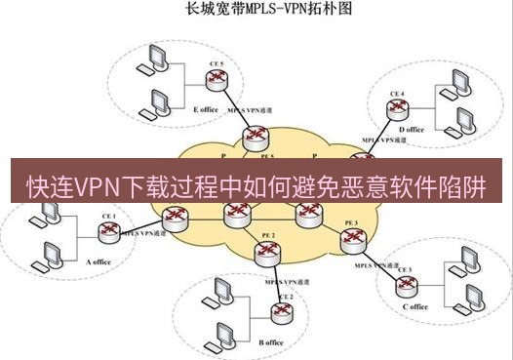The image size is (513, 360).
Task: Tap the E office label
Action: pos(207,109)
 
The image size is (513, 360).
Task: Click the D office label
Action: pos(412,129)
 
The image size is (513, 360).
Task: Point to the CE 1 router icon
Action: pos(108,232)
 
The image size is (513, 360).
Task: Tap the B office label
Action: pos(271,342)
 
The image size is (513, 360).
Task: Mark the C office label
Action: pos(414,306)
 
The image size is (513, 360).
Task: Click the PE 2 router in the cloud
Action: pos(265,253)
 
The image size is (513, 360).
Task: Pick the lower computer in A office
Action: pos(47,255)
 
